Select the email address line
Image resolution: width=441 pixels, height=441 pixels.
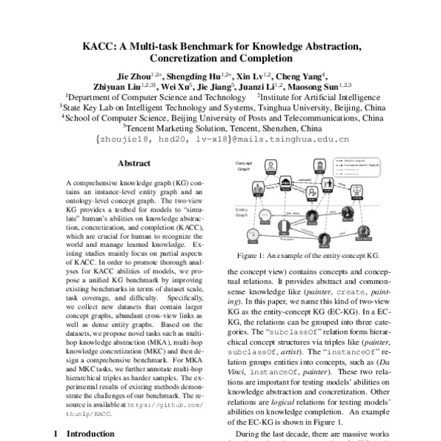click(221, 138)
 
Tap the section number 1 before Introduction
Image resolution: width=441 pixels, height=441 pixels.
click(58, 434)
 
